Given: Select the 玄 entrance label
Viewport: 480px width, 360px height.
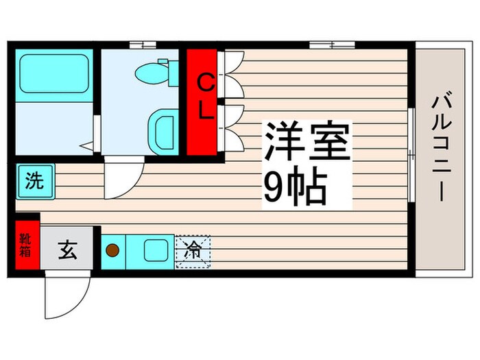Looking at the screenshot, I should click(x=67, y=251).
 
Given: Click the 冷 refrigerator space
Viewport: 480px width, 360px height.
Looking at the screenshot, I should click(x=193, y=251).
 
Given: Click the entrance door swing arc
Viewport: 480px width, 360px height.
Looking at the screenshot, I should click(x=65, y=295).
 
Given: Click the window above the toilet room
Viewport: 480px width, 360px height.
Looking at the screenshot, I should click(x=143, y=45).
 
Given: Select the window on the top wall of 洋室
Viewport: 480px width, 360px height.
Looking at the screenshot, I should click(x=331, y=45).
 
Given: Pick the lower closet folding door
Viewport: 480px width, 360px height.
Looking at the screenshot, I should click(x=232, y=127).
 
